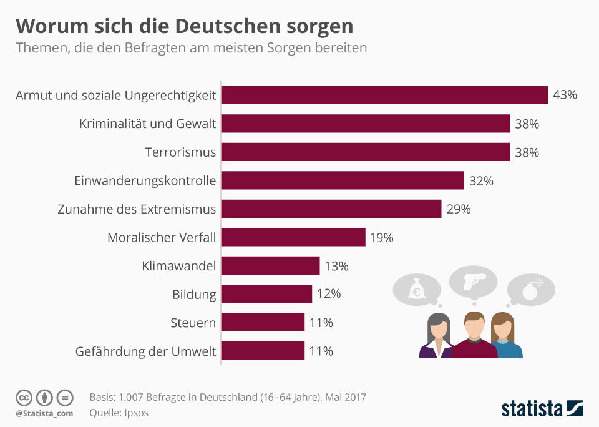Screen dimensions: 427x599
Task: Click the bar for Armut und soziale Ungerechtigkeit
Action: (x=384, y=95)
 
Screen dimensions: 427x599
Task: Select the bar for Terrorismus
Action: (x=366, y=152)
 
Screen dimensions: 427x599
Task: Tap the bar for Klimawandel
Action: (x=270, y=266)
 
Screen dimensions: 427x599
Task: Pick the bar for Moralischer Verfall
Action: (x=293, y=237)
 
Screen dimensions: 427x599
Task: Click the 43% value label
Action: (x=565, y=95)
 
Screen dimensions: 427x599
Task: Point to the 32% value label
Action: (x=481, y=181)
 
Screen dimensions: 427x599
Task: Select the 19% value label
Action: (x=381, y=237)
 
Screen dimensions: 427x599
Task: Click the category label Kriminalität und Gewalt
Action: (x=147, y=124)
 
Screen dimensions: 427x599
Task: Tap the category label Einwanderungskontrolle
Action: (x=145, y=181)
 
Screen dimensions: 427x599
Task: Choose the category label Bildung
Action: (x=194, y=294)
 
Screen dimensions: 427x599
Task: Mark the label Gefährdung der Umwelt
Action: (x=145, y=351)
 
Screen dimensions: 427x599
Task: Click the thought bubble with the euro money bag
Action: (x=416, y=290)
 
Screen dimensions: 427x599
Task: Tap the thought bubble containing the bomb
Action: (x=530, y=290)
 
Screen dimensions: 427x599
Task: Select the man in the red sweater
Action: (x=474, y=337)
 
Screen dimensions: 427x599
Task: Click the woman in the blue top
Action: (x=505, y=337)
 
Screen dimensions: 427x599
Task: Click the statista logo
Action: (x=542, y=409)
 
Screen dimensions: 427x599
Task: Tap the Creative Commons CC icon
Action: (x=24, y=397)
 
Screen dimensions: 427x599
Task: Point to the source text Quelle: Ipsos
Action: (x=119, y=412)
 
